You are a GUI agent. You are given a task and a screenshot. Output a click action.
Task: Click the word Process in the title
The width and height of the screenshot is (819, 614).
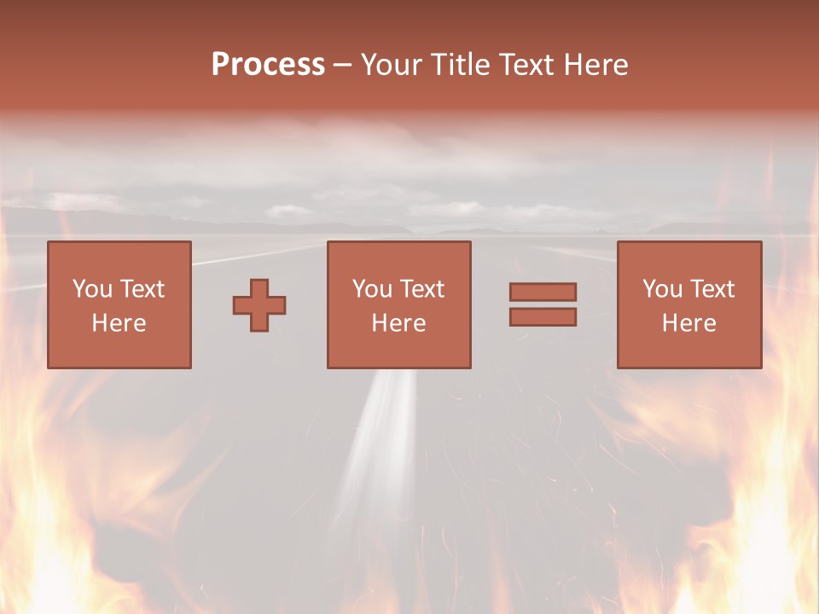268,65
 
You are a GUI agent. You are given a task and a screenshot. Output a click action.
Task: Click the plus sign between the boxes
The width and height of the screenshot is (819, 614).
259,305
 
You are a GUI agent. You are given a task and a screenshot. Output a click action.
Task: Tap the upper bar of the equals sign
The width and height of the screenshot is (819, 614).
543,292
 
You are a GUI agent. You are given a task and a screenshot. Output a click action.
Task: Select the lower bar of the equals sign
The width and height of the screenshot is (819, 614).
543,317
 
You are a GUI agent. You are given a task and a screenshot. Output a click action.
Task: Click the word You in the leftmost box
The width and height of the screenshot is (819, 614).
91,289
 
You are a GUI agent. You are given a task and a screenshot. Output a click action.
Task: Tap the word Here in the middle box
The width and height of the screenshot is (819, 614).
398,323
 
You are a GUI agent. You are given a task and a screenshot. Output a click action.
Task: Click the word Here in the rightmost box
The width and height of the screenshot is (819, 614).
689,323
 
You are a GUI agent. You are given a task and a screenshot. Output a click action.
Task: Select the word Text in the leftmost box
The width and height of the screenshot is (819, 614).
142,289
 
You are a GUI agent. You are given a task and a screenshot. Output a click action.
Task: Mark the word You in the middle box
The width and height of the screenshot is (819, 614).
371,289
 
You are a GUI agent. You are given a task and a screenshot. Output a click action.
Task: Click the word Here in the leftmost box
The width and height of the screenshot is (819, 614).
119,323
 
